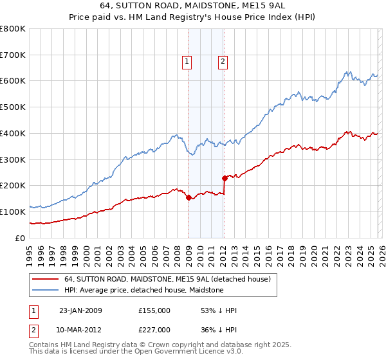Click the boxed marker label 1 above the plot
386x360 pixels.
(187, 62)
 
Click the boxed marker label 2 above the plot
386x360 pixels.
(223, 62)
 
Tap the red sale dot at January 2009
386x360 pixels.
(188, 198)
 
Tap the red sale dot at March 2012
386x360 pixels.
(225, 179)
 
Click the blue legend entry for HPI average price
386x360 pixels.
(143, 290)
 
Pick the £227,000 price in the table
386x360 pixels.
(154, 330)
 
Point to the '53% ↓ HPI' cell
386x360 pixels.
(219, 310)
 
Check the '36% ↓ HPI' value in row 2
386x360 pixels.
(219, 330)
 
